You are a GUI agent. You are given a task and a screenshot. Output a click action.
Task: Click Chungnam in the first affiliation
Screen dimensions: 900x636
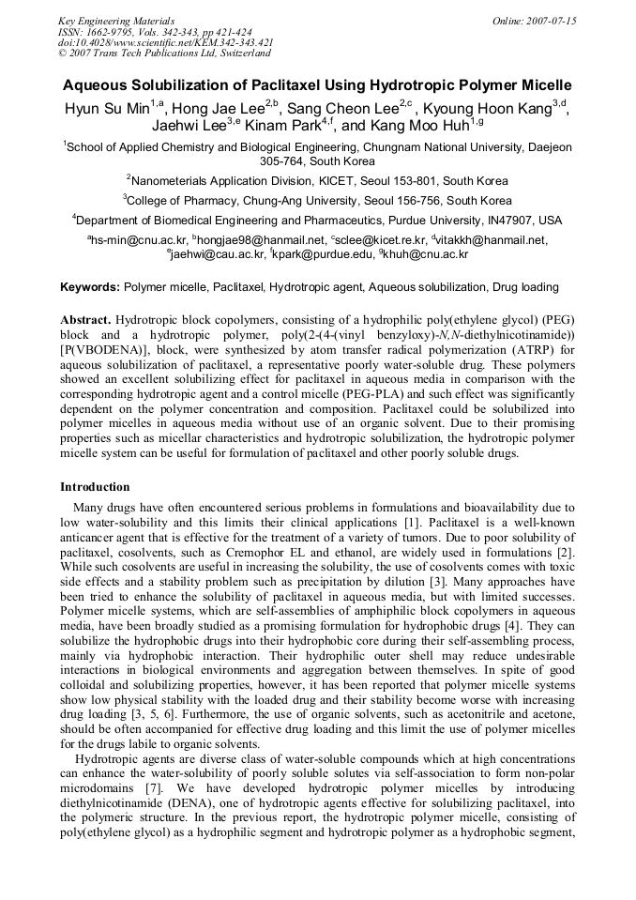coord(365,147)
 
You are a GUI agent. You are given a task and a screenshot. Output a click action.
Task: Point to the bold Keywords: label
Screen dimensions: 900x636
coord(90,286)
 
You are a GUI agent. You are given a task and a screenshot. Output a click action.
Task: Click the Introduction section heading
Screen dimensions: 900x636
coord(95,487)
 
